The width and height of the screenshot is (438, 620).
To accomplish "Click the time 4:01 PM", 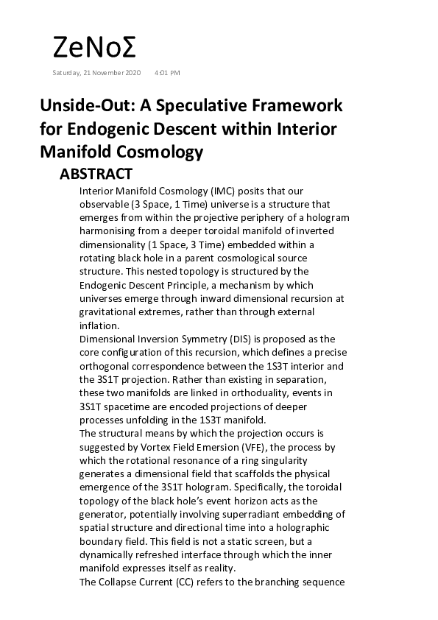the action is tap(167, 73).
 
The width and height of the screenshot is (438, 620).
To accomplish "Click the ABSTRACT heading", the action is tap(96, 175).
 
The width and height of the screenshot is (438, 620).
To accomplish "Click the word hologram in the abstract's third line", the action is tap(327, 217).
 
